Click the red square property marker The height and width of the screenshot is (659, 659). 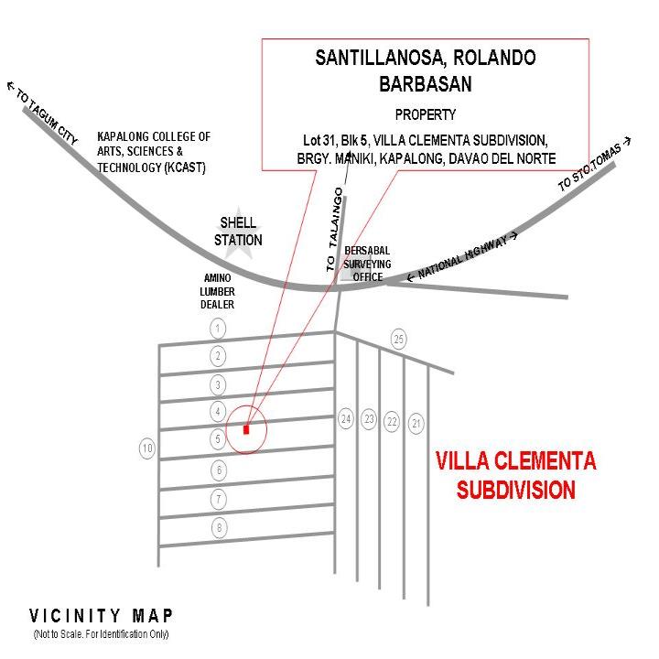click(x=246, y=429)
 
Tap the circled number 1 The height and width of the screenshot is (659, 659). click(x=218, y=329)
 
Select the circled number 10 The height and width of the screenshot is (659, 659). click(x=147, y=448)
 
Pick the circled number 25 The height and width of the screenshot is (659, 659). click(x=399, y=339)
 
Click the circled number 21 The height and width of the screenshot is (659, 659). click(x=416, y=424)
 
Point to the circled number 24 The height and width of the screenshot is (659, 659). click(x=346, y=419)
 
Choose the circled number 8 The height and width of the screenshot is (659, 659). click(x=219, y=528)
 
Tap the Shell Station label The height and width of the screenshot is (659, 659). click(x=238, y=232)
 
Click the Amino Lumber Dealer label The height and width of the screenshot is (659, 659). click(x=217, y=291)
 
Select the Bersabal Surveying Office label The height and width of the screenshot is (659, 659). click(x=367, y=264)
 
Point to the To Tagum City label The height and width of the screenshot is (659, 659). click(x=43, y=113)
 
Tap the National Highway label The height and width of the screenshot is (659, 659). click(x=462, y=256)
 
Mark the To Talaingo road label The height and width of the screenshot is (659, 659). click(x=335, y=230)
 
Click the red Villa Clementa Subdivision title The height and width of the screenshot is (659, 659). click(x=515, y=475)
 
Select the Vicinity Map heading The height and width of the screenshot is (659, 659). click(x=101, y=616)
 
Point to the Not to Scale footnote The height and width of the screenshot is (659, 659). click(x=101, y=633)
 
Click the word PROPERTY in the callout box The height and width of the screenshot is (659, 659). click(x=426, y=114)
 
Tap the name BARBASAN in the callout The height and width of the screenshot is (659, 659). click(x=426, y=83)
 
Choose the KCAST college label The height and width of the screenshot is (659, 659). click(x=154, y=152)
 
